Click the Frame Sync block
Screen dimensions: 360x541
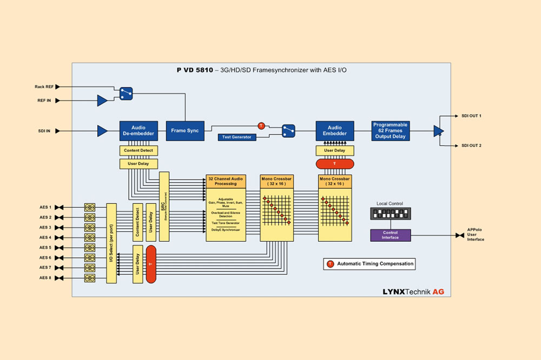click(x=186, y=131)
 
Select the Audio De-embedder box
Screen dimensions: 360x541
click(x=138, y=131)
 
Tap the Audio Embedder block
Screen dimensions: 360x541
click(x=335, y=131)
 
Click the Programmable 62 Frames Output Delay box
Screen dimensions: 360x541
click(x=390, y=131)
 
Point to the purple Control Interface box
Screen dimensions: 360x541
click(x=391, y=235)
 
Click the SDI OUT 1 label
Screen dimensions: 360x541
click(x=471, y=116)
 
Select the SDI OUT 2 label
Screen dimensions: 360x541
click(x=471, y=145)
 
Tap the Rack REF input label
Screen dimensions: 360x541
click(x=44, y=86)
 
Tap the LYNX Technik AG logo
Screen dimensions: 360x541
click(x=413, y=291)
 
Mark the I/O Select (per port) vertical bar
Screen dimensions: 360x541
click(x=111, y=243)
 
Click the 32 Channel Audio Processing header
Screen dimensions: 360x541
click(x=226, y=181)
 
